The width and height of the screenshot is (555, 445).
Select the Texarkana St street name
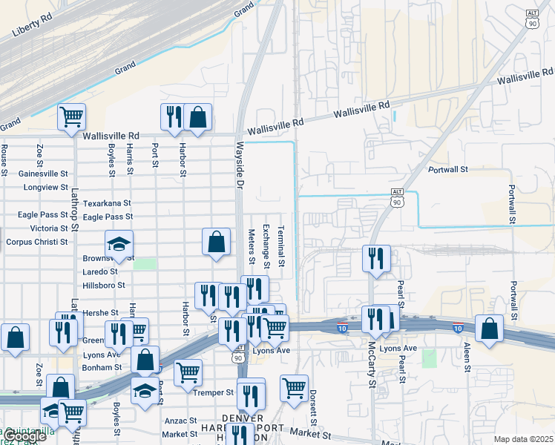pos(107,202)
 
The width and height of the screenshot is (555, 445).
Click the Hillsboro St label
pos(104,285)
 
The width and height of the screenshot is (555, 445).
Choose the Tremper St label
pos(213,392)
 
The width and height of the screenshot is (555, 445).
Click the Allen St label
pos(467,356)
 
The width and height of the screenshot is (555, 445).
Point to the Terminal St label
pos(281,247)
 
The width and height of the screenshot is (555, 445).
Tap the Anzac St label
pos(180,421)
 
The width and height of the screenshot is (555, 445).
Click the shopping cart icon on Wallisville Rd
pos(72,116)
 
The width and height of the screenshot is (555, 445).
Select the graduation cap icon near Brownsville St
pos(118,244)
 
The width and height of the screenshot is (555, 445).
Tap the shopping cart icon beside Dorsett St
pos(295,387)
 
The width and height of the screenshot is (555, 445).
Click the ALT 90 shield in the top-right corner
pos(532,20)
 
